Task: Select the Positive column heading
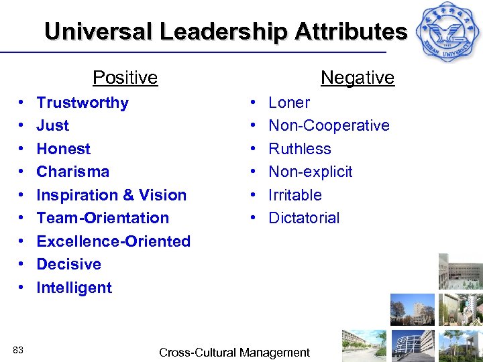[125, 78]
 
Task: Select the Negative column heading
[358, 78]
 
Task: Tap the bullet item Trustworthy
[83, 103]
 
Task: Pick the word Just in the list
[53, 125]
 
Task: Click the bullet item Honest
[64, 149]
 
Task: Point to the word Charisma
[73, 172]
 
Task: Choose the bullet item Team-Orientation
[103, 218]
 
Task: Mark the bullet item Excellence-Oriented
[113, 241]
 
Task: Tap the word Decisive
[69, 264]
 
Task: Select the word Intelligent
[74, 288]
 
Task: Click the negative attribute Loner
[289, 103]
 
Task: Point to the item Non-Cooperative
[329, 125]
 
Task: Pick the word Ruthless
[300, 149]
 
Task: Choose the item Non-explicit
[311, 172]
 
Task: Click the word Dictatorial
[304, 218]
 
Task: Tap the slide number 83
[18, 350]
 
